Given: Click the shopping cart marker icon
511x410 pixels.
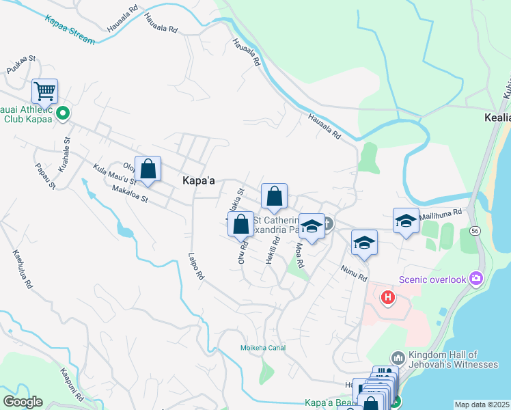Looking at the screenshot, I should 44,90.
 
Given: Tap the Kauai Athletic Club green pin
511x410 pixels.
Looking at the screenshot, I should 62,113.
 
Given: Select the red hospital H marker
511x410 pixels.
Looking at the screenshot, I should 388,298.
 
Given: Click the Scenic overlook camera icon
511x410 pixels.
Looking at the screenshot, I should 476,279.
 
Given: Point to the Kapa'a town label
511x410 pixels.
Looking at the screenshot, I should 199,180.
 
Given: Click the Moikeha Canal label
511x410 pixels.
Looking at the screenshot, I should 262,348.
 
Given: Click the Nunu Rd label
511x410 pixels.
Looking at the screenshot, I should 355,273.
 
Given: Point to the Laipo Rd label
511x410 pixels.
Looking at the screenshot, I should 197,267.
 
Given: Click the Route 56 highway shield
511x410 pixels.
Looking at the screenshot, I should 475,232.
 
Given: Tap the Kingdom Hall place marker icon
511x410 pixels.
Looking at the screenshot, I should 398,358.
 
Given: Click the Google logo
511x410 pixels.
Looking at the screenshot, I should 23,402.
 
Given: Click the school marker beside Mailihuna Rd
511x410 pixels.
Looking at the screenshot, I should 406,221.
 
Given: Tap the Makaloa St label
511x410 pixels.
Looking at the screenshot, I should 129,195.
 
